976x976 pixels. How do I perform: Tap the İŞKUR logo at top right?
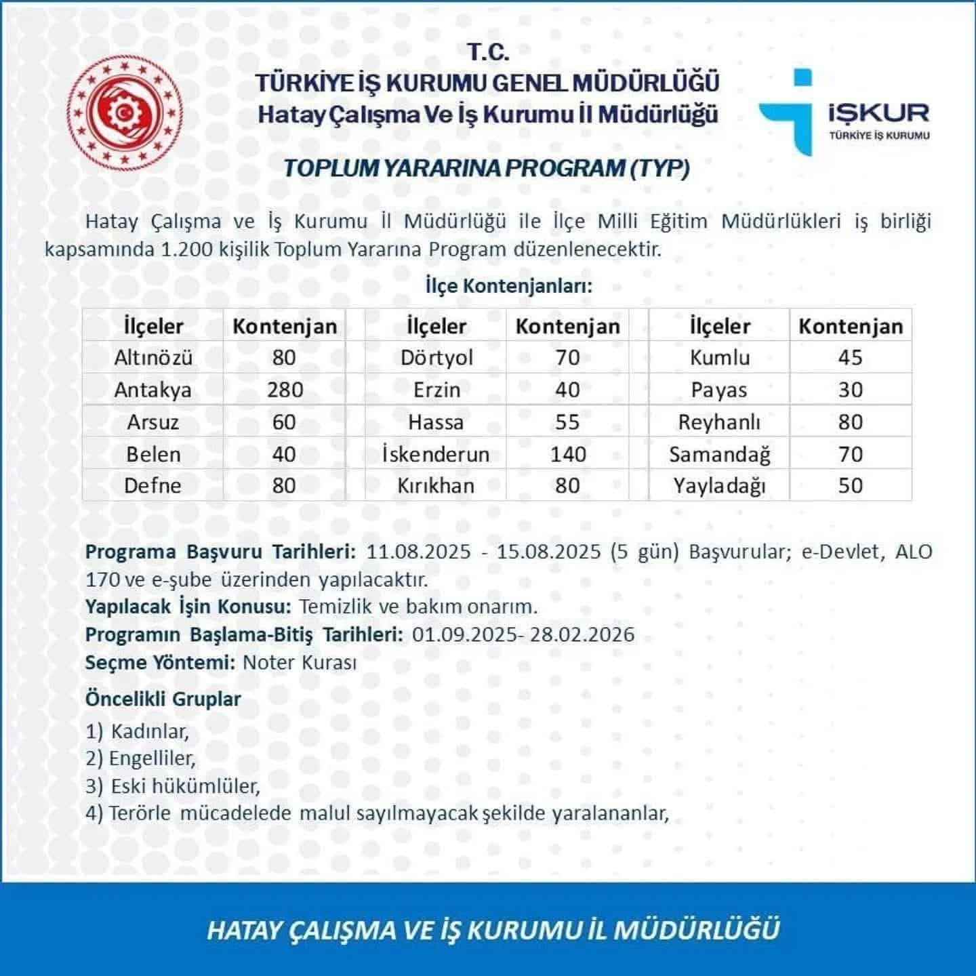click(x=844, y=112)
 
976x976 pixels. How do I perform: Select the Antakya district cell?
click(x=152, y=390)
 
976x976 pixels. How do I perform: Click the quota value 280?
click(x=284, y=390)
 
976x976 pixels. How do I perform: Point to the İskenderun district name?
click(x=436, y=453)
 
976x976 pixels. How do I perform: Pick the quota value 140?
click(x=568, y=453)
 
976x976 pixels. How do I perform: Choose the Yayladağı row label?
click(x=719, y=485)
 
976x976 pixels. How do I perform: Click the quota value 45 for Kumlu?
click(x=850, y=357)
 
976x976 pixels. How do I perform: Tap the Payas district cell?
click(x=719, y=390)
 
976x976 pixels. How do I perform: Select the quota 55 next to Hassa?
click(x=567, y=422)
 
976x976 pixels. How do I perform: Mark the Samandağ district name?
click(x=719, y=453)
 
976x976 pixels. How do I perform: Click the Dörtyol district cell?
click(x=436, y=357)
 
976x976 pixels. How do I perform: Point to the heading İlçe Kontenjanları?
click(x=508, y=285)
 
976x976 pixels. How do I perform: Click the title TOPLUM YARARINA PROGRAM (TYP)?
click(x=486, y=167)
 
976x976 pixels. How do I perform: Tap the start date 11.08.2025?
click(x=418, y=551)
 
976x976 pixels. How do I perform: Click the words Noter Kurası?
click(x=299, y=662)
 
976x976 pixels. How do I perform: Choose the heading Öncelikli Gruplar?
click(x=163, y=699)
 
